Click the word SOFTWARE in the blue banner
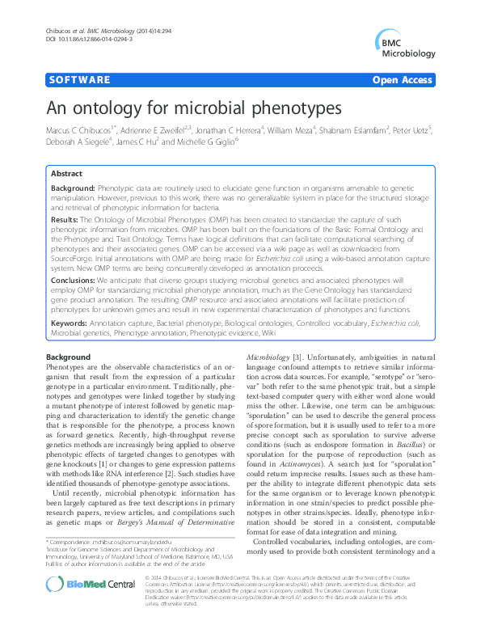[78, 80]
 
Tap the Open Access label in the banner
[403, 80]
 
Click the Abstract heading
[66, 174]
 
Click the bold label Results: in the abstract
[65, 218]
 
